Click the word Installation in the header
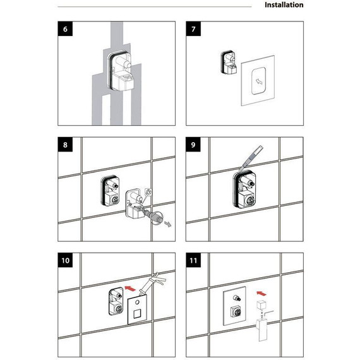[284, 5]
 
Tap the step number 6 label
[65, 28]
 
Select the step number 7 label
[193, 28]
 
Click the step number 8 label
[65, 145]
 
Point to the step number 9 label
[193, 145]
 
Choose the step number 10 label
[65, 260]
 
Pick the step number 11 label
[193, 260]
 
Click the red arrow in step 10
[130, 289]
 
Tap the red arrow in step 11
[261, 293]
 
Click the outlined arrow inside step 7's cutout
[259, 81]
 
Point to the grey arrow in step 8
[168, 224]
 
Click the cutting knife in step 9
[251, 158]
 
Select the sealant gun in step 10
[151, 282]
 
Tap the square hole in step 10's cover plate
[137, 313]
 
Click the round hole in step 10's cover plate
[137, 302]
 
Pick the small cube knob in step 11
[261, 305]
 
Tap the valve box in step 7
[229, 63]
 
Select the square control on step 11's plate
[236, 311]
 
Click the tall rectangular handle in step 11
[262, 329]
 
